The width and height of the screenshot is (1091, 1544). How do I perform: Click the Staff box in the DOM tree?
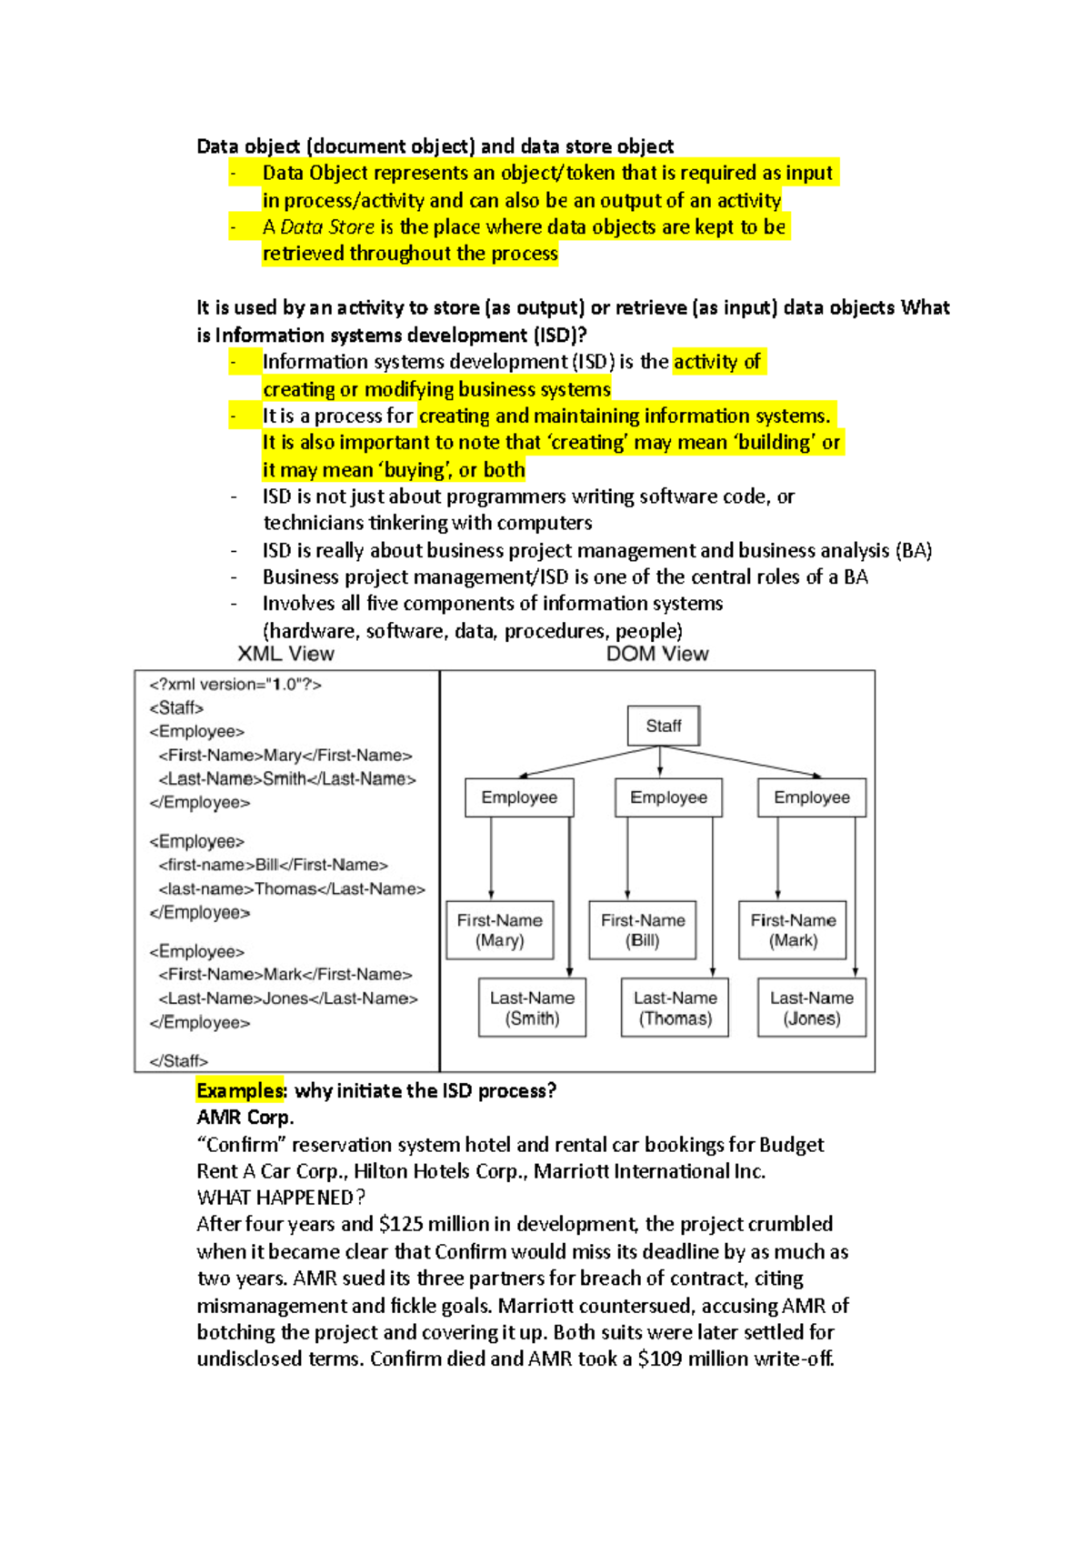[663, 726]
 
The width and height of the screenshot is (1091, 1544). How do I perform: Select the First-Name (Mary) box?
[499, 930]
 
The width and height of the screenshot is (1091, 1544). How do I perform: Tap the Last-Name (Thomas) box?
[675, 1008]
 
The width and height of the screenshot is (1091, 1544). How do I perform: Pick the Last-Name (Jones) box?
[811, 1008]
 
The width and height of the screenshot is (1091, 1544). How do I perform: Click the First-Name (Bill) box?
[642, 930]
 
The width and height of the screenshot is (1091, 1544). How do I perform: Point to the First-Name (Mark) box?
[793, 930]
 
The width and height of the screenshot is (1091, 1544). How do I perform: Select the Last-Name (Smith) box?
[532, 1008]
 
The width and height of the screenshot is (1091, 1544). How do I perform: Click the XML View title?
[285, 654]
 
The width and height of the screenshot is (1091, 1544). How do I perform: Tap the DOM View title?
[656, 654]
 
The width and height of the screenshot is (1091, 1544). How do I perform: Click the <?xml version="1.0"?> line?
[235, 685]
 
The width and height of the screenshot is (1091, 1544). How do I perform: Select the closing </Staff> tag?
[179, 1061]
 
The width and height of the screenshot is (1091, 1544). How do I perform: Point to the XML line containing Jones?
[288, 998]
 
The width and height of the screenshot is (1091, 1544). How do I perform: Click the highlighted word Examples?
[241, 1090]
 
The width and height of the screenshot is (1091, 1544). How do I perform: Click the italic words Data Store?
[327, 227]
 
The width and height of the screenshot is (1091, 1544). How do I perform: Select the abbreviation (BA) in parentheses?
[914, 550]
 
